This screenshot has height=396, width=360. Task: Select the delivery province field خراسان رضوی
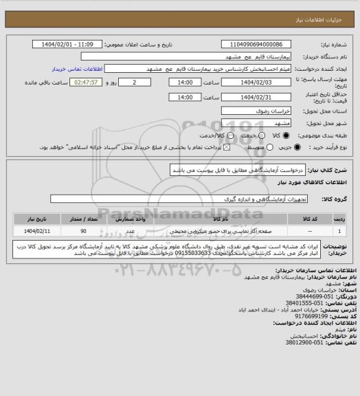(250, 109)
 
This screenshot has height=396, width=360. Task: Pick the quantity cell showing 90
(83, 231)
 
